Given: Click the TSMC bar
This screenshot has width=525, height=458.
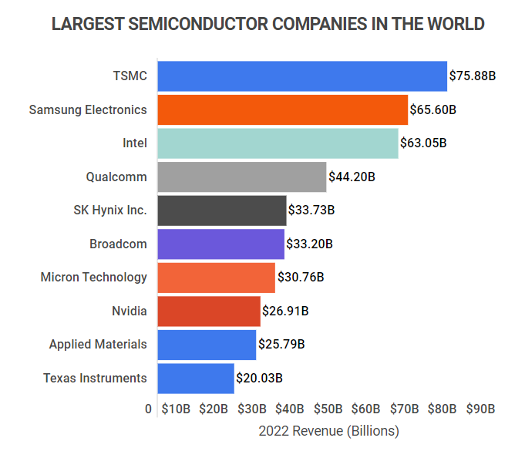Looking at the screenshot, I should (x=302, y=76).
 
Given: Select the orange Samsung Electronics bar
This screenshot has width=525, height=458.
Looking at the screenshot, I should (x=282, y=109).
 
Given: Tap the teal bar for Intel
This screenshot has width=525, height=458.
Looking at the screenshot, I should (x=278, y=143).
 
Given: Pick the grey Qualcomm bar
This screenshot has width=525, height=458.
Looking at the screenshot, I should (x=241, y=177).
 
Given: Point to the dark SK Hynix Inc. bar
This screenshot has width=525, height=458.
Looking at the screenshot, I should (x=222, y=210).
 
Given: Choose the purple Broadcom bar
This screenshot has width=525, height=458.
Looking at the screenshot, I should (x=220, y=244).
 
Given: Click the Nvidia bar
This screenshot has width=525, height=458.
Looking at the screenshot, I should (x=209, y=311).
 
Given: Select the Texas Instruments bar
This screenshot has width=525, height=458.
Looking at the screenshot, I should (x=196, y=378).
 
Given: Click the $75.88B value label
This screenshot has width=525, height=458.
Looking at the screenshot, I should (x=473, y=76).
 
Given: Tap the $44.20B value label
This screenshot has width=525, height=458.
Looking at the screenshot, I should (x=352, y=177).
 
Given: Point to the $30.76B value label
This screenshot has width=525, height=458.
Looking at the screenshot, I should (x=301, y=277).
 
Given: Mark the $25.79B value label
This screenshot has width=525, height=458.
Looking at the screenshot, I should (x=281, y=345).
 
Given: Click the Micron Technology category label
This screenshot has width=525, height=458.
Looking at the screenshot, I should (x=93, y=277).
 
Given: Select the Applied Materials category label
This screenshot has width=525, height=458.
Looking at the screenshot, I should (x=98, y=345).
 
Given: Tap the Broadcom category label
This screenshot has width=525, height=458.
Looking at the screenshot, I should (x=118, y=244).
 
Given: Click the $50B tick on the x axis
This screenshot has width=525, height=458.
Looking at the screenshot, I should (x=328, y=409).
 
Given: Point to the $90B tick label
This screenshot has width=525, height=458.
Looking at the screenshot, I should (x=480, y=409).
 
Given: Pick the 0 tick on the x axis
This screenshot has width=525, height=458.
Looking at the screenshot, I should (x=149, y=409).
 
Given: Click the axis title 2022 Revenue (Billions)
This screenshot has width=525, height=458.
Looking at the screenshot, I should (x=329, y=431).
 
